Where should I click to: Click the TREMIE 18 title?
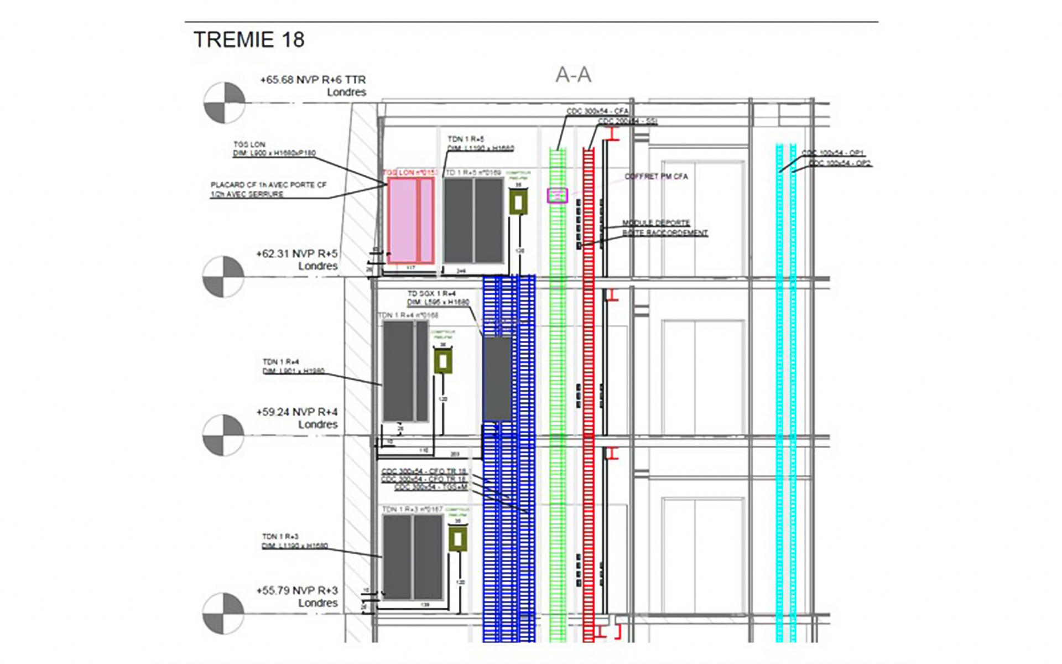[x=248, y=40]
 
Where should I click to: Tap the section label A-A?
[x=573, y=75]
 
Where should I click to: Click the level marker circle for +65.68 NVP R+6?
[x=224, y=103]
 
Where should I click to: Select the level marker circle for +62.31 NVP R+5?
[x=223, y=276]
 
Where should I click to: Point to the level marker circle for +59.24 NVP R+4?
[x=223, y=435]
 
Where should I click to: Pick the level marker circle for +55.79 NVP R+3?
[x=223, y=613]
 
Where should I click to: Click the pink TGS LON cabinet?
[x=410, y=220]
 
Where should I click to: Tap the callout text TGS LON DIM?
[x=274, y=149]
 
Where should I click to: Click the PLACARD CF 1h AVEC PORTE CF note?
[x=268, y=189]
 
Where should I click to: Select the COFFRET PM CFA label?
[x=656, y=177]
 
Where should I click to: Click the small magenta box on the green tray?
[x=557, y=195]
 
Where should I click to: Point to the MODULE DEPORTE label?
[x=656, y=223]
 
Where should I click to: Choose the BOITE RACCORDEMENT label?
[x=665, y=233]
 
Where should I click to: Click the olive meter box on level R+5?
[x=518, y=203]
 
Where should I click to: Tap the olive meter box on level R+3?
[x=457, y=539]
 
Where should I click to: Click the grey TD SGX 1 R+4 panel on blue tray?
[x=497, y=379]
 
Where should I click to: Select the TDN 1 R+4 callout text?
[x=293, y=366]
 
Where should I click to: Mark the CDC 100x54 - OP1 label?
[x=832, y=153]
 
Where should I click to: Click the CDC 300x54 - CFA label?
[x=597, y=111]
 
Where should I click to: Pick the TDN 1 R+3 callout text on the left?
[x=294, y=541]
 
